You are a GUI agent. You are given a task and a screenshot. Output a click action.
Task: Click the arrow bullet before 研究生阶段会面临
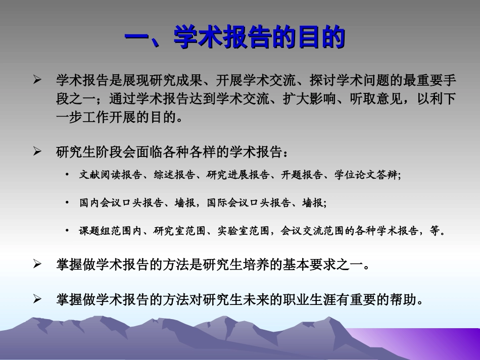click(37, 151)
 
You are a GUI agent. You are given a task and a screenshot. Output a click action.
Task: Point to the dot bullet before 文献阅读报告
click(67, 175)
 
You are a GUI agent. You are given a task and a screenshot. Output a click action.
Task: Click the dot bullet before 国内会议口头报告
click(67, 203)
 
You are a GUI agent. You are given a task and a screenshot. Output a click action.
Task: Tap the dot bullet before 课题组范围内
click(67, 231)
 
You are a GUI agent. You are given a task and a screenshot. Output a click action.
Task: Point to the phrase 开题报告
click(302, 175)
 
